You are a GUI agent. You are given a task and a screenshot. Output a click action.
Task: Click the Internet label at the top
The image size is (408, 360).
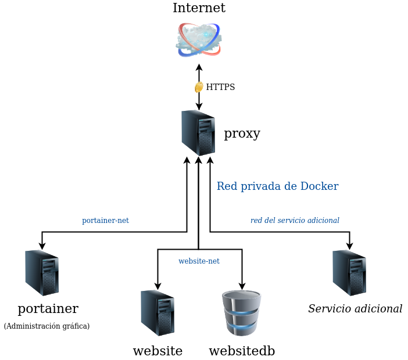[x=199, y=8]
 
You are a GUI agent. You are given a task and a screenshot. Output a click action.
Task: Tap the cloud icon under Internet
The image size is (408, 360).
[x=199, y=39]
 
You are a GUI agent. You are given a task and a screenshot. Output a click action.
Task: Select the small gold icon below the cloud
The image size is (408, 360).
[x=199, y=87]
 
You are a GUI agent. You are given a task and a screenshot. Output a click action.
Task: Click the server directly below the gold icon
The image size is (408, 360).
[x=198, y=132]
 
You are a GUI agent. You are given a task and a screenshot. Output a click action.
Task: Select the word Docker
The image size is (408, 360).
[x=319, y=186]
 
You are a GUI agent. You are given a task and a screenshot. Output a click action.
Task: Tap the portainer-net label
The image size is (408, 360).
[x=105, y=221]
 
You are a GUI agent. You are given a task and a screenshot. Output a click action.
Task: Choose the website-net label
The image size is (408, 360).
[x=199, y=261]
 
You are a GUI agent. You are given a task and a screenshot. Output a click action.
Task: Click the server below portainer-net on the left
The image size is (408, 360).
[x=42, y=272]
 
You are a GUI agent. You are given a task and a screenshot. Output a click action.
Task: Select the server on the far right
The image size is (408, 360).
[x=349, y=272]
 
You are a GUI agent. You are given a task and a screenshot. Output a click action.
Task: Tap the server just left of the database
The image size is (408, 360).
[x=158, y=313]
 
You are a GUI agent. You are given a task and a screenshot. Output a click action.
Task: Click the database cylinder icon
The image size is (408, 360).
[x=242, y=314]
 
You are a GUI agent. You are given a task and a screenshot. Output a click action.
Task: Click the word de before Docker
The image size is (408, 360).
[x=291, y=186]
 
